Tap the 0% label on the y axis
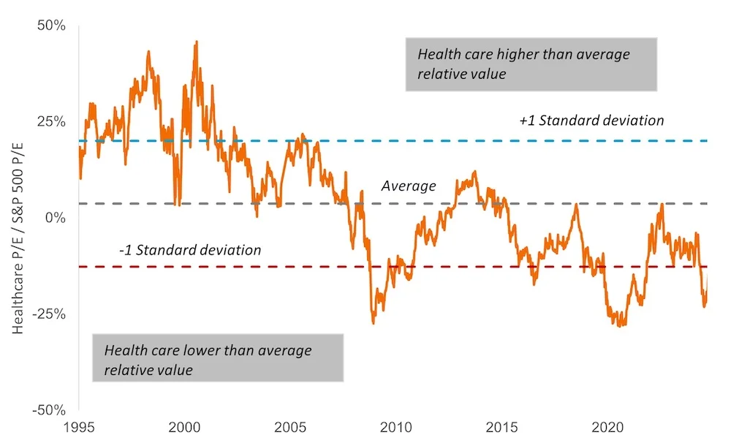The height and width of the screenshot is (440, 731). (56, 218)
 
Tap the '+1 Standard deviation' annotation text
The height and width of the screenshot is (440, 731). (591, 120)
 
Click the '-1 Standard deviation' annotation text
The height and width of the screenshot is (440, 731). (190, 250)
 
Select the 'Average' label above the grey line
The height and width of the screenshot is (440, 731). (409, 186)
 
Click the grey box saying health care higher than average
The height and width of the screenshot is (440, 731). (531, 64)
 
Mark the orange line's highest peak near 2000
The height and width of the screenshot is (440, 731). (196, 42)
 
